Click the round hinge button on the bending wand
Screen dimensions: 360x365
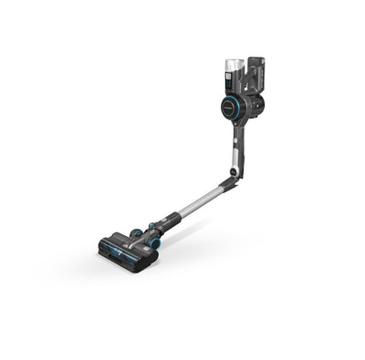tap(235, 170)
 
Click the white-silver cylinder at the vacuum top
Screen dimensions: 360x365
tap(233, 69)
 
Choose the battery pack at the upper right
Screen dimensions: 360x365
tap(259, 73)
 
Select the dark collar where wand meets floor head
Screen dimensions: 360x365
tap(167, 221)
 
